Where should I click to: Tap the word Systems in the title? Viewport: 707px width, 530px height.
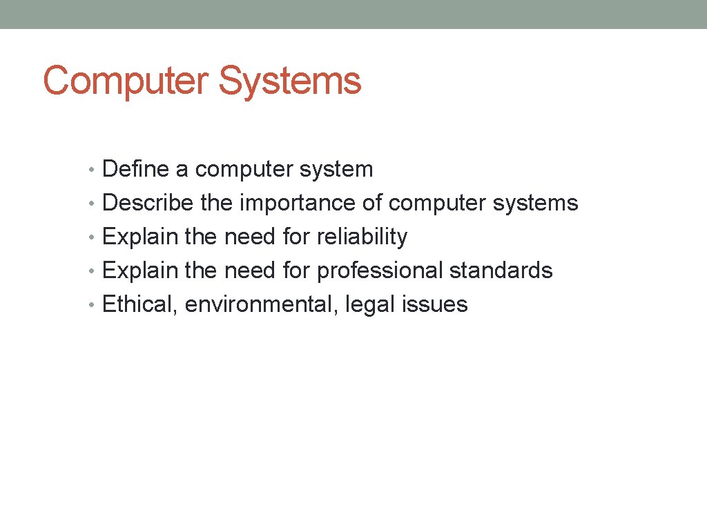(x=290, y=81)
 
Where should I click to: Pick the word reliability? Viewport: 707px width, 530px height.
(x=362, y=237)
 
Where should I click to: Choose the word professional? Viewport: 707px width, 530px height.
(x=380, y=271)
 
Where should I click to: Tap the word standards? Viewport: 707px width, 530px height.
(x=501, y=271)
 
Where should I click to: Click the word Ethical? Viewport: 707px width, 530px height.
(x=140, y=304)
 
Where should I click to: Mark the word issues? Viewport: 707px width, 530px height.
(x=434, y=304)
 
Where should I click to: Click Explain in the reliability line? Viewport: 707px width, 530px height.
(x=140, y=237)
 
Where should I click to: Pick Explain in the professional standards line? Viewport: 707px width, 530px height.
(x=140, y=271)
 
